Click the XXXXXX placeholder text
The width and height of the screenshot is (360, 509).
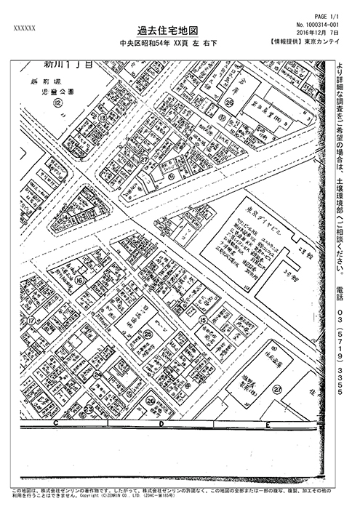[x=25, y=28]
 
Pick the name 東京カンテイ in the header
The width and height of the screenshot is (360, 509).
[x=323, y=42]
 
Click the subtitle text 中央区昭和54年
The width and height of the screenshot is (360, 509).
[x=149, y=44]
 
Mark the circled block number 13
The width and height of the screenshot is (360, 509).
[x=104, y=117]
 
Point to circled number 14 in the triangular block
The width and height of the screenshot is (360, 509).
[x=64, y=216]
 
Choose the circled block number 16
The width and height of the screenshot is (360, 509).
[x=79, y=279]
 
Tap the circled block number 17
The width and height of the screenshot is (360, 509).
[x=31, y=320]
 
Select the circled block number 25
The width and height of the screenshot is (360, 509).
[x=148, y=334]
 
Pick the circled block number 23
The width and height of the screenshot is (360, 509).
[x=89, y=409]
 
